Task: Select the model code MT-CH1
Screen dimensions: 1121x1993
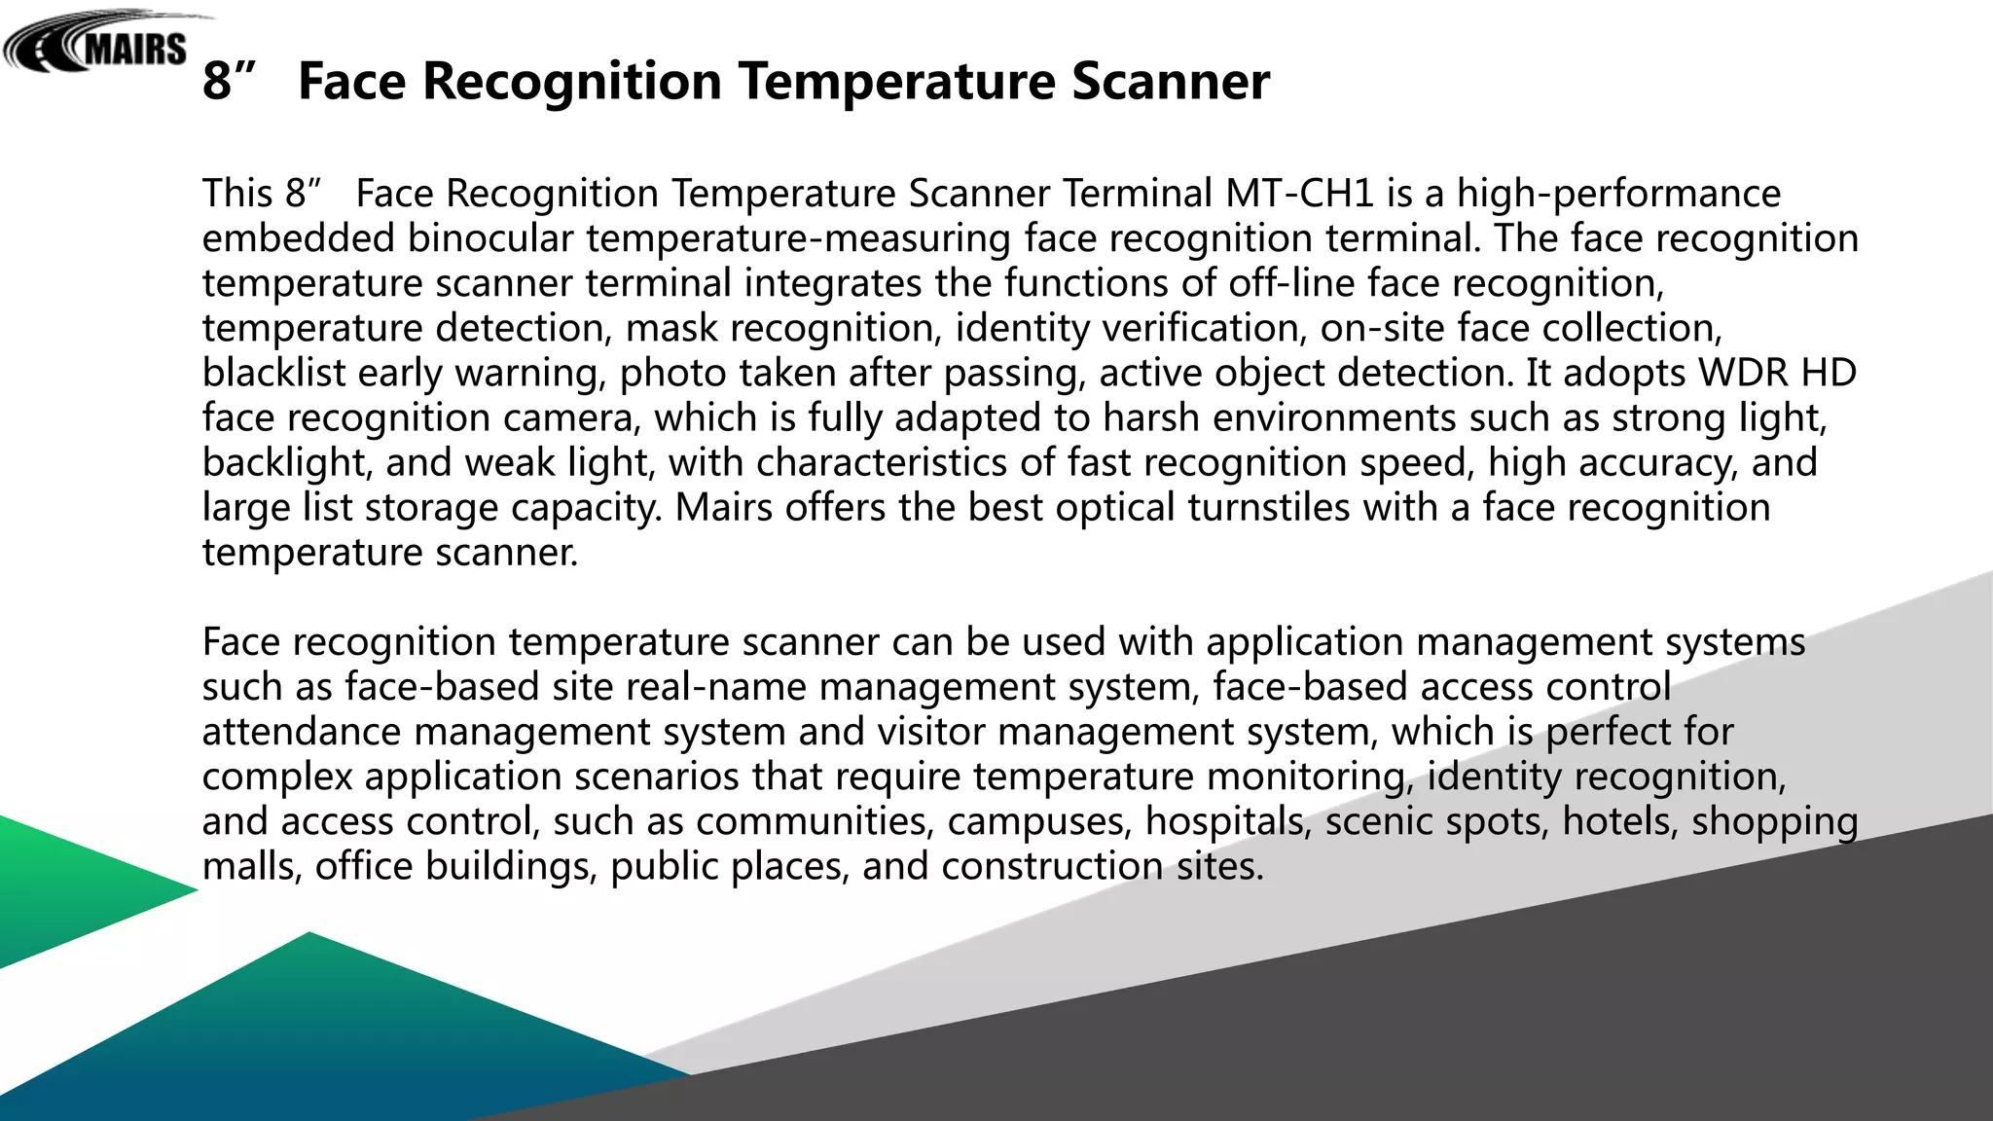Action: point(1299,194)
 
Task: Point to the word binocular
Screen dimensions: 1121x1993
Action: point(490,238)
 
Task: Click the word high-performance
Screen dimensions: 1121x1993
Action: point(1618,194)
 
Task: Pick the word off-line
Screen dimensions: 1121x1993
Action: point(1291,283)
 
